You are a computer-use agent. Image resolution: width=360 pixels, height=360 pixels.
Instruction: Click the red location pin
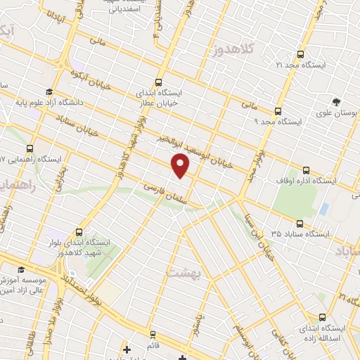pyautogui.click(x=181, y=165)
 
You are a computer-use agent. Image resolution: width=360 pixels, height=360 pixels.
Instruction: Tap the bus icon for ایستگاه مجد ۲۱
pyautogui.click(x=300, y=54)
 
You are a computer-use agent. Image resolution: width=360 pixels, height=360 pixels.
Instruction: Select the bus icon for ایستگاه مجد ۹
pyautogui.click(x=278, y=111)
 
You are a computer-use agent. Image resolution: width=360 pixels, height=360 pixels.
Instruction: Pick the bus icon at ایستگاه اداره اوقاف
pyautogui.click(x=306, y=170)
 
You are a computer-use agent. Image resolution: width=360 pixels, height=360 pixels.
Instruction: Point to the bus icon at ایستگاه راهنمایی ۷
pyautogui.click(x=30, y=149)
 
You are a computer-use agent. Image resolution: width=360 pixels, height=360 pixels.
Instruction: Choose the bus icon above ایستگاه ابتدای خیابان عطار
pyautogui.click(x=159, y=82)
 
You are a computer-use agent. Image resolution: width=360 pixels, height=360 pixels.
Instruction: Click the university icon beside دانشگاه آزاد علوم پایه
pyautogui.click(x=49, y=93)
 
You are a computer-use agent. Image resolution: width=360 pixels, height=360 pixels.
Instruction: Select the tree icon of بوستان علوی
pyautogui.click(x=336, y=101)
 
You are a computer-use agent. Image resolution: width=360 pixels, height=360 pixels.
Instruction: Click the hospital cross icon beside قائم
pyautogui.click(x=127, y=349)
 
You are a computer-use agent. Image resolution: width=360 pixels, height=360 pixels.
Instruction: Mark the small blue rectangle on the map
pyautogui.click(x=323, y=209)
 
